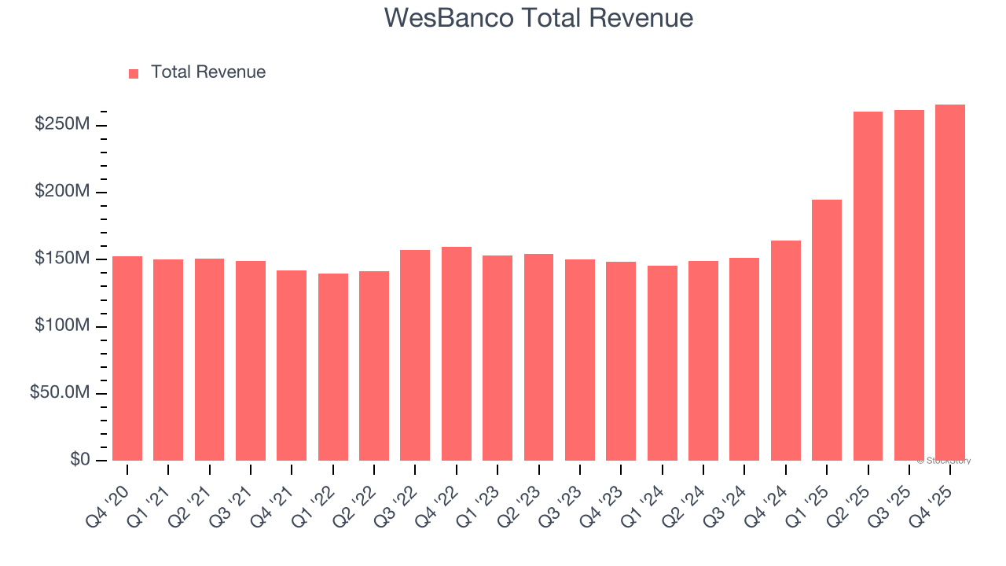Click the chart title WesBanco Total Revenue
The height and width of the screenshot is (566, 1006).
(538, 18)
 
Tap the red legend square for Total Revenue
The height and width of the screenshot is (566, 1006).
(134, 73)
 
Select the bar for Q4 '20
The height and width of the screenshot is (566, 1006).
(127, 358)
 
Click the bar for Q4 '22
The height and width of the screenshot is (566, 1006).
(457, 354)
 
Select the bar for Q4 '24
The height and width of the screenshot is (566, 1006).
(786, 351)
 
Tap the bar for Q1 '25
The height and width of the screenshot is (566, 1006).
(827, 330)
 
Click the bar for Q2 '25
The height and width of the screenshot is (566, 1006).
(868, 286)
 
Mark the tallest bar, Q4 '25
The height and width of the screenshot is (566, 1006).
(950, 283)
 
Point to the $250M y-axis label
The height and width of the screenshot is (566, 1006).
(62, 125)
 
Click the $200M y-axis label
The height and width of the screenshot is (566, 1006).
(62, 192)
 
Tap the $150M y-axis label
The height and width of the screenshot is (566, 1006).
(62, 259)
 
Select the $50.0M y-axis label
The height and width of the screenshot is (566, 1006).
(60, 393)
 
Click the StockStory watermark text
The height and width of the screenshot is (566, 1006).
(944, 461)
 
